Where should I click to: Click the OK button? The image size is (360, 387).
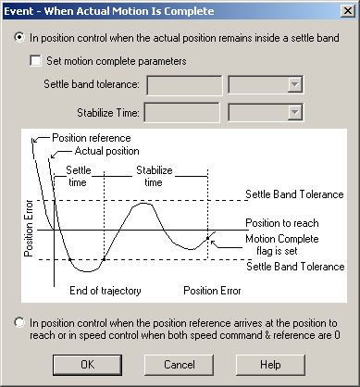[x=87, y=364]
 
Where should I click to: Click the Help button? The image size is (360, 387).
[x=269, y=364]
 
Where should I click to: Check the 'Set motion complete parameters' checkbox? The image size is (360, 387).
[x=37, y=62]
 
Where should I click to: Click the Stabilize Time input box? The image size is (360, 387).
[x=183, y=113]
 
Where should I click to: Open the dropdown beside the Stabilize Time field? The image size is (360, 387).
[x=294, y=113]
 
